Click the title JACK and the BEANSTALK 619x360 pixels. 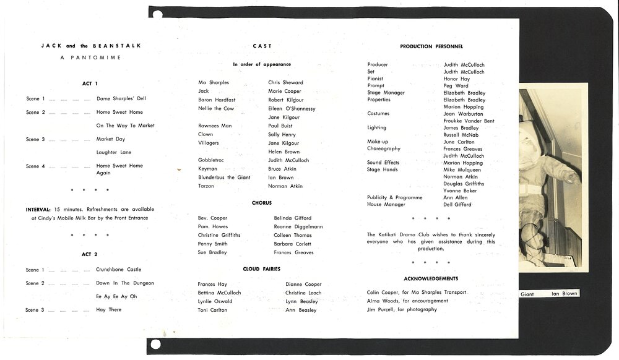tap(91, 46)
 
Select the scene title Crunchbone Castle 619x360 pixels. tap(118, 270)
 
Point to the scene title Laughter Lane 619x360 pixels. tap(114, 152)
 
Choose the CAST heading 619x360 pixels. tap(262, 46)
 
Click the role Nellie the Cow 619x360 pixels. tap(216, 108)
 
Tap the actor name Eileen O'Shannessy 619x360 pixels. tap(292, 108)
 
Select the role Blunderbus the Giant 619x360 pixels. tap(224, 177)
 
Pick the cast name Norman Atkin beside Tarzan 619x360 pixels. tap(285, 186)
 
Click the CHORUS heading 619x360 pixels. tap(261, 203)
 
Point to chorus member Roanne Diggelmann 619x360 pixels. tap(298, 226)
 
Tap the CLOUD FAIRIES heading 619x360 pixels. tap(261, 269)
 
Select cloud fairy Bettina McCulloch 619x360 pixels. tap(219, 293)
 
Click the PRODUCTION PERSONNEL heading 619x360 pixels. tap(431, 46)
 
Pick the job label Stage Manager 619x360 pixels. tap(386, 93)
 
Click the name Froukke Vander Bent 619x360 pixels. tap(469, 121)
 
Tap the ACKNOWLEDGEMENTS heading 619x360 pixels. tap(431, 278)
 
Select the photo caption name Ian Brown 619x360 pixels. tap(565, 294)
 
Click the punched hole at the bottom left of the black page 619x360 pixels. tap(155, 344)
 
